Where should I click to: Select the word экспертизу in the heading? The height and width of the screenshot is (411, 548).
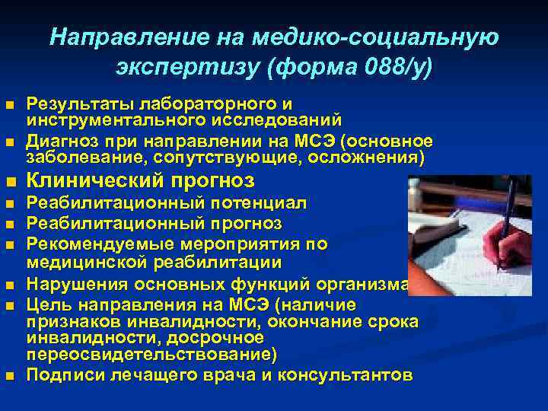[177, 68]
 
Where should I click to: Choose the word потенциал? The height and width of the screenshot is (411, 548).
[250, 205]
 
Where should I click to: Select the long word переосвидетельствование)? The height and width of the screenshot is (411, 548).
[152, 355]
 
